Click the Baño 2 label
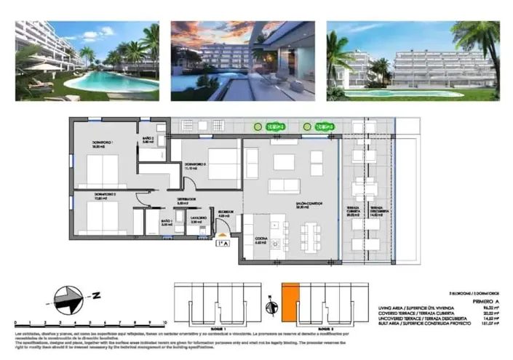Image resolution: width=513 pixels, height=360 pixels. coord(148,140)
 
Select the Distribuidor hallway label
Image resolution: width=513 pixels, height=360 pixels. coord(185,201)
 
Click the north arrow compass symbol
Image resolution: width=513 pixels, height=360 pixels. coord(65,296)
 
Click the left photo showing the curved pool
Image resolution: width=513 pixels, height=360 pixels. coord(87,60)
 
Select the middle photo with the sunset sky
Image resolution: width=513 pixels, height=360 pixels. coord(242,60)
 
